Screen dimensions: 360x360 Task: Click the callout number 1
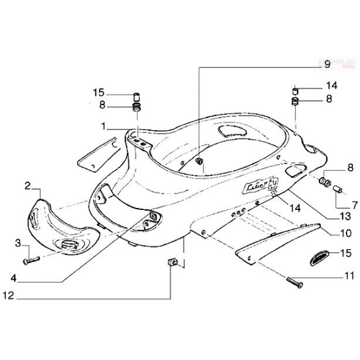pos(103,127)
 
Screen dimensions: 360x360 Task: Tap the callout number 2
pos(28,186)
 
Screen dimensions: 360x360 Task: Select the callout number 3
pos(18,243)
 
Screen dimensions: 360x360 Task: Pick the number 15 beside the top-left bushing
pos(98,93)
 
